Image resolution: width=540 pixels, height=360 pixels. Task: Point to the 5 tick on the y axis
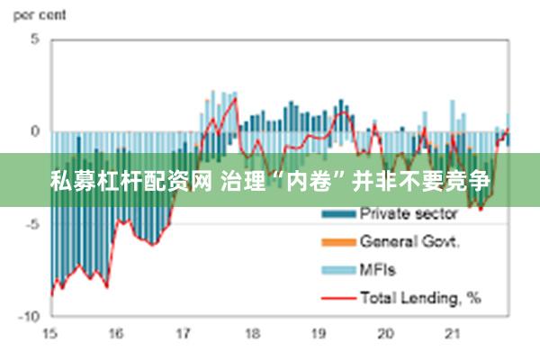[35, 40]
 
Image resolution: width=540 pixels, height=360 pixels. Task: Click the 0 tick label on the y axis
[35, 131]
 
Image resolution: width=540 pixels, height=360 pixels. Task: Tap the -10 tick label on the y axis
[30, 317]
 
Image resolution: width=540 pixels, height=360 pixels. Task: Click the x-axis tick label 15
[49, 333]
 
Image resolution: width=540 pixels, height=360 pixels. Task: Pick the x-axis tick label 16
[116, 333]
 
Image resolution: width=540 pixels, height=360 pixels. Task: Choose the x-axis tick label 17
[184, 333]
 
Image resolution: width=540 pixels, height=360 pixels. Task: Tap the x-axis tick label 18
[251, 333]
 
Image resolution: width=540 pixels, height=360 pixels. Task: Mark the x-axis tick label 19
[319, 333]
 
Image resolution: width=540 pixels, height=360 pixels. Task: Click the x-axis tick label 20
[385, 333]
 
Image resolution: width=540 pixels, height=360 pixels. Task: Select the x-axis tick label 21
[453, 333]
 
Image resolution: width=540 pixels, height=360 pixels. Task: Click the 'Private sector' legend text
[409, 214]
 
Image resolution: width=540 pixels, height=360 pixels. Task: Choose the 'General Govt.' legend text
[410, 241]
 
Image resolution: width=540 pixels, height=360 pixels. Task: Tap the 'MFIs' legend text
[378, 269]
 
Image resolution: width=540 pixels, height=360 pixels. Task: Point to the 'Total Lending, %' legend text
[420, 296]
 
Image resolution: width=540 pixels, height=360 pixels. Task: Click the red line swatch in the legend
[337, 297]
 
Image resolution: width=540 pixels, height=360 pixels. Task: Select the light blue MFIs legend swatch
[337, 270]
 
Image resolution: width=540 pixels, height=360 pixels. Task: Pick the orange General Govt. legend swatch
[337, 242]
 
